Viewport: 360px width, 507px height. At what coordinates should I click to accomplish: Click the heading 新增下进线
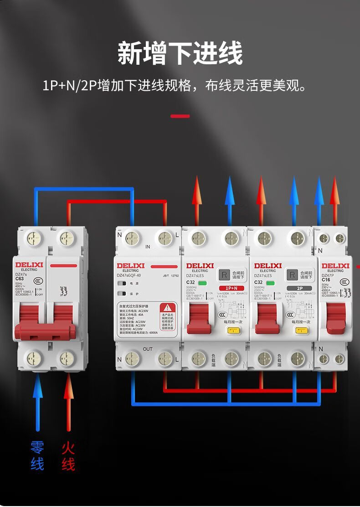180,53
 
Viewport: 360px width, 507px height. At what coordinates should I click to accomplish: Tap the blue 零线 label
37,455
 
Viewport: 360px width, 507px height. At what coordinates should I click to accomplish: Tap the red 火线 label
68,455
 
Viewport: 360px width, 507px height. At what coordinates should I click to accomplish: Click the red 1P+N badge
231,288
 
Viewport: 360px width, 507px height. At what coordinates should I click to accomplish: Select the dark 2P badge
299,288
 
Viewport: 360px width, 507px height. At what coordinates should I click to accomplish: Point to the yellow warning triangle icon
169,308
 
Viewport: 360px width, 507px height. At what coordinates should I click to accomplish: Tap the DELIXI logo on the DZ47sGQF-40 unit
130,265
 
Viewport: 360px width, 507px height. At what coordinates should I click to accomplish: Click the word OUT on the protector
148,349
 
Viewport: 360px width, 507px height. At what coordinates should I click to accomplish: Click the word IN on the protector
148,247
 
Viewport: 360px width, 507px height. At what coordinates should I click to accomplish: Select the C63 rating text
20,279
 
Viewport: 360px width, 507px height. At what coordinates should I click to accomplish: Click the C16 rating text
326,279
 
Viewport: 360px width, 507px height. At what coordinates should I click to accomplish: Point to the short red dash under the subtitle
180,116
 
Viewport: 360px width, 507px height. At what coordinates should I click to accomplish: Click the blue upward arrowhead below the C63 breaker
38,388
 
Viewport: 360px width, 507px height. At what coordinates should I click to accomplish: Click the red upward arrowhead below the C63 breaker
68,388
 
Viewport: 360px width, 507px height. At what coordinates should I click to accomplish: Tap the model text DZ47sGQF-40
129,275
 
